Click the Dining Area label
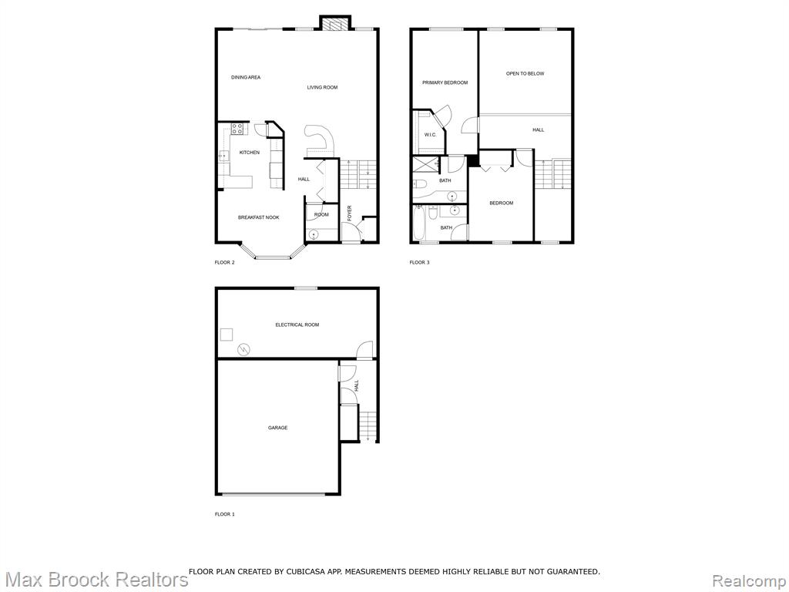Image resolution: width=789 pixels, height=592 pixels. pos(246,78)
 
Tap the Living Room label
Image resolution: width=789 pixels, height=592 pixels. pos(323,88)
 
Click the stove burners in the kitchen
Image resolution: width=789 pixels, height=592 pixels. pos(237,129)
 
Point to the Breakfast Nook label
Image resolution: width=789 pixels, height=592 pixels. pos(259,217)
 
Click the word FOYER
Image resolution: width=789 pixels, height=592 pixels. pos(349,214)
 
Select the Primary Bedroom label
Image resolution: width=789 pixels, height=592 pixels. pos(445,82)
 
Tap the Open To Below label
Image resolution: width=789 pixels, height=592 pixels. pos(525,73)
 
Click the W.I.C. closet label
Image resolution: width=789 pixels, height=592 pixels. pos(430,135)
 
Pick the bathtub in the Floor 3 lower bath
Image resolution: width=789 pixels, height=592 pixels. pos(418,224)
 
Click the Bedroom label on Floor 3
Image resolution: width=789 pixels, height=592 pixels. pos(501,203)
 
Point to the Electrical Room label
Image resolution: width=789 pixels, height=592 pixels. pos(297,325)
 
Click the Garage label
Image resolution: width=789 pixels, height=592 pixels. pos(277,428)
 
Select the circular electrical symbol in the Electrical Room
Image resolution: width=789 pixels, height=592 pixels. pos(243,349)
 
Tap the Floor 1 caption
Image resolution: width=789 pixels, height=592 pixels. pos(224,514)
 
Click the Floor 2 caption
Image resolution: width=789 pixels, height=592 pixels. pos(224,262)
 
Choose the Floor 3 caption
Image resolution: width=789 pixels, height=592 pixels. pos(419,262)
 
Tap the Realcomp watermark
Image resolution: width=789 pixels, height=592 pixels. pos(748,580)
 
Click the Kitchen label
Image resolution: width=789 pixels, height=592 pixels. pos(250,153)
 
